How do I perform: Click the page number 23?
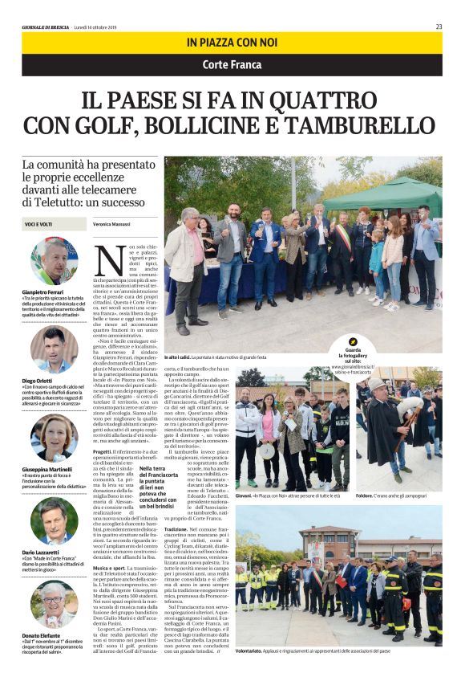point(439,27)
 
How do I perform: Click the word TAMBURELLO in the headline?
point(362,125)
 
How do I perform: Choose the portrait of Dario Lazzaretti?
point(55,521)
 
